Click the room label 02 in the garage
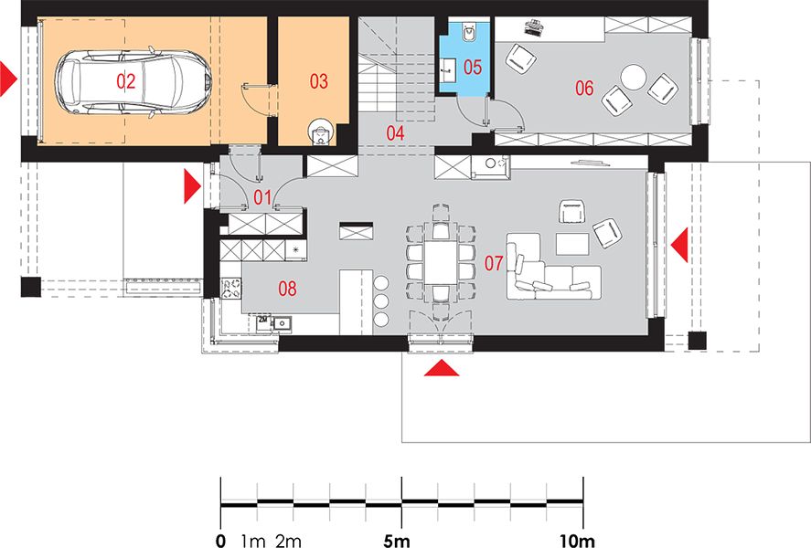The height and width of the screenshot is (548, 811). tap(125, 81)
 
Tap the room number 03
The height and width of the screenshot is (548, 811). tap(318, 81)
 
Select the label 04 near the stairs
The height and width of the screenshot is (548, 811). tap(395, 133)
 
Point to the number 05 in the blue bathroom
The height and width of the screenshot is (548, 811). tap(473, 68)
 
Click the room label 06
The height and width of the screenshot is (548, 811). tap(584, 89)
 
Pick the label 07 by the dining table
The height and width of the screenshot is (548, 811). tap(494, 263)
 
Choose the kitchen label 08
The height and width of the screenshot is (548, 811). tap(288, 289)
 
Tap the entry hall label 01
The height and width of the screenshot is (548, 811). tap(262, 197)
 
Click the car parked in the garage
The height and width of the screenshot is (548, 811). tap(133, 81)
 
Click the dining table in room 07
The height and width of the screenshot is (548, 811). tap(441, 262)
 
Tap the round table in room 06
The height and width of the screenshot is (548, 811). tap(634, 78)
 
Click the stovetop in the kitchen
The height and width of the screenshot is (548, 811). tap(231, 289)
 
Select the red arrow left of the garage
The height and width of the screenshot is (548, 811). tap(9, 79)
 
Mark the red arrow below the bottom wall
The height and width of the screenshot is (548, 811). tap(442, 368)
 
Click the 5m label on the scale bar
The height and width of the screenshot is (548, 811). tap(397, 541)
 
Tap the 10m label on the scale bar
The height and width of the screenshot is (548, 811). tap(577, 541)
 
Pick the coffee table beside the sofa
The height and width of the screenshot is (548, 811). tap(572, 244)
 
